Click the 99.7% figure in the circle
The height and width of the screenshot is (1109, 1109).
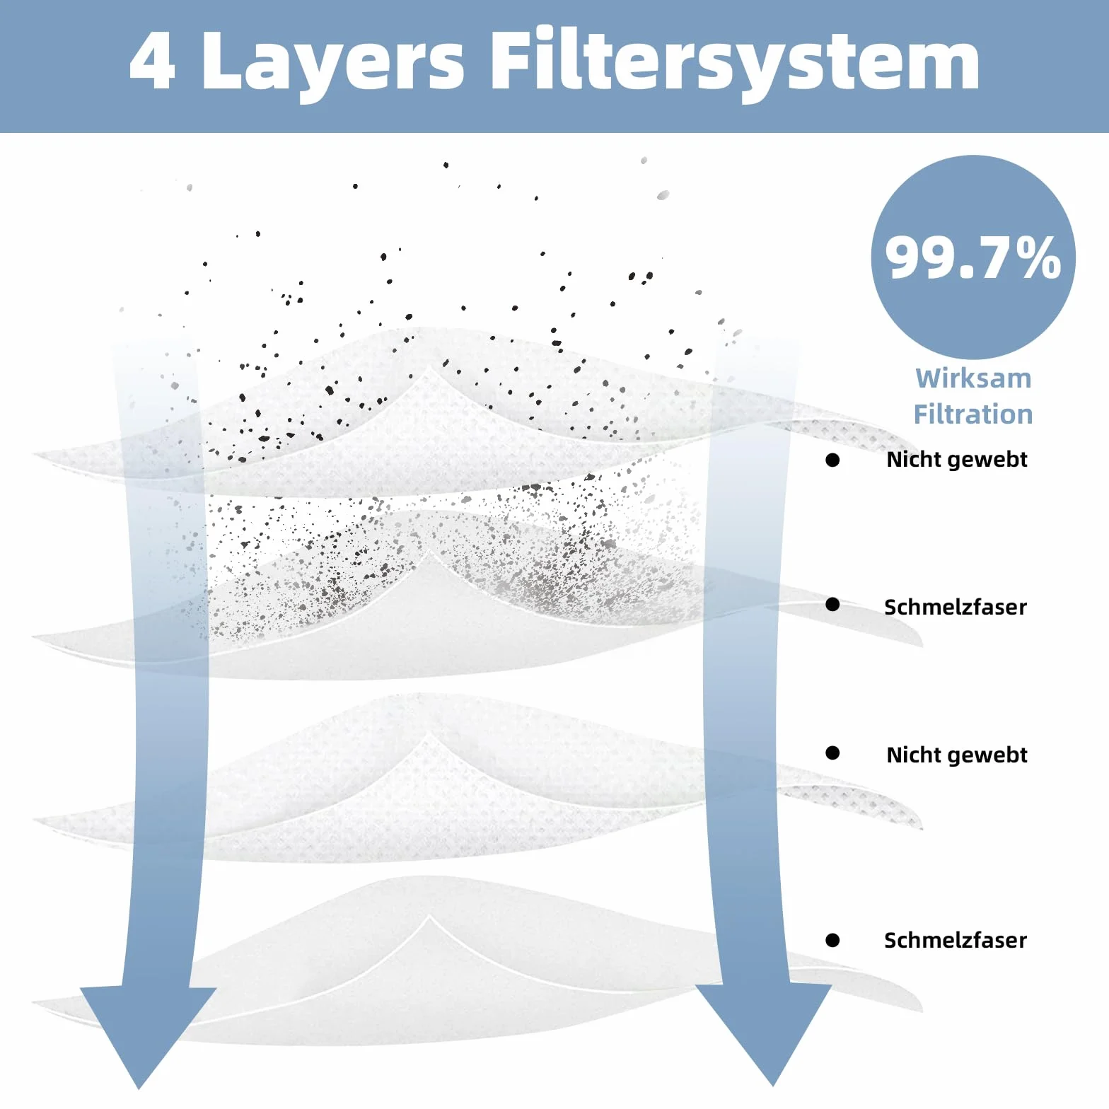tap(973, 257)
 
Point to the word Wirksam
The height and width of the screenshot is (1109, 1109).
tap(973, 378)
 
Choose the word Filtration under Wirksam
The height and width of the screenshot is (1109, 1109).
tap(973, 414)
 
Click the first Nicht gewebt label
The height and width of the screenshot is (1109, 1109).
tap(956, 460)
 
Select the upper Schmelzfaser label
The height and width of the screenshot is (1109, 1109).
tap(956, 607)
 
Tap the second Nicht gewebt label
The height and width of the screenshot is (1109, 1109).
tap(956, 756)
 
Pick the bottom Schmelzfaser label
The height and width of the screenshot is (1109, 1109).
tap(956, 940)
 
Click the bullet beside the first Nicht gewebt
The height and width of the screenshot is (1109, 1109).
tap(832, 460)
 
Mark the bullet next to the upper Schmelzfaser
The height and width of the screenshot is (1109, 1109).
tap(832, 605)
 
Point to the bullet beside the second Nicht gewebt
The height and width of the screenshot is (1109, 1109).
tap(832, 753)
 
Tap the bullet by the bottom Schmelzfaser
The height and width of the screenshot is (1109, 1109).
tap(832, 941)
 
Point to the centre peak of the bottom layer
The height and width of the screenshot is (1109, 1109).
tap(429, 917)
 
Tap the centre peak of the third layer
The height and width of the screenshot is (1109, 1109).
tap(429, 734)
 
